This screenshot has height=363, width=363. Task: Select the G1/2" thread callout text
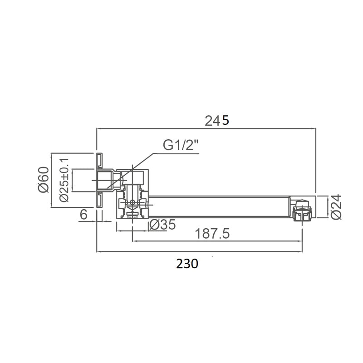(181, 146)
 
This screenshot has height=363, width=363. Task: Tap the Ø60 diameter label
(44, 180)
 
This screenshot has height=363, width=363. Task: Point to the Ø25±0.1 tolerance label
(64, 180)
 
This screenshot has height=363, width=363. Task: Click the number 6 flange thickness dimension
(83, 215)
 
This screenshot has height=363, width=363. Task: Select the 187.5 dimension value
(212, 234)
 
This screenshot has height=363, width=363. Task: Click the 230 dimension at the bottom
(187, 264)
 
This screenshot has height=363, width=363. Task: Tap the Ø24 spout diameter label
(336, 207)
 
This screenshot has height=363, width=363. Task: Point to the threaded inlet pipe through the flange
(106, 180)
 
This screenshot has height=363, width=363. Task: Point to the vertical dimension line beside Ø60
(53, 180)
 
